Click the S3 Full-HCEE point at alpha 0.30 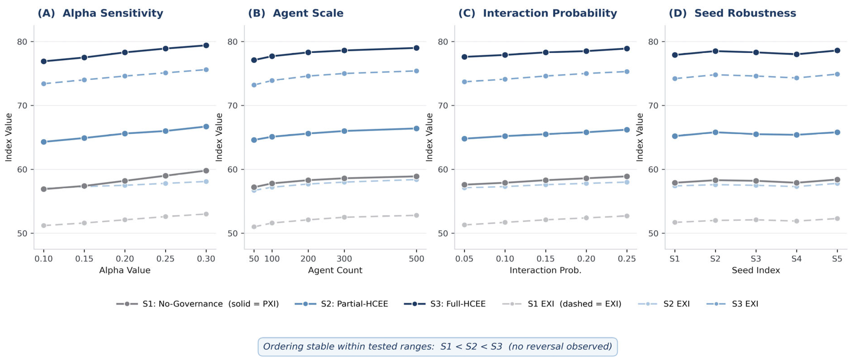pyautogui.click(x=206, y=45)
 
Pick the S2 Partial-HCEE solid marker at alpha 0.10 pyautogui.click(x=44, y=142)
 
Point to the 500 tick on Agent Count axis pyautogui.click(x=416, y=259)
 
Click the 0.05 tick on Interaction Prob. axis pyautogui.click(x=464, y=259)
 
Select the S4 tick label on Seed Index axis pyautogui.click(x=796, y=259)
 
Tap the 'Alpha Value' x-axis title pyautogui.click(x=125, y=270)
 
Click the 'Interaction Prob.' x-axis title pyautogui.click(x=545, y=270)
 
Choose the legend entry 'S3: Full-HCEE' pyautogui.click(x=445, y=304)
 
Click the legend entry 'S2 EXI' pyautogui.click(x=664, y=304)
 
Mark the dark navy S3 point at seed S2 pyautogui.click(x=715, y=51)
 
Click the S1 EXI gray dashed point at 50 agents pyautogui.click(x=254, y=227)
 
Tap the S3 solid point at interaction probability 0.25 pyautogui.click(x=627, y=49)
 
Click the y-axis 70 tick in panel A pyautogui.click(x=22, y=106)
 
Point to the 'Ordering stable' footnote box pyautogui.click(x=438, y=346)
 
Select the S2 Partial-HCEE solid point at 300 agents pyautogui.click(x=344, y=131)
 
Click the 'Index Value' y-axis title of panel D pyautogui.click(x=639, y=137)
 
